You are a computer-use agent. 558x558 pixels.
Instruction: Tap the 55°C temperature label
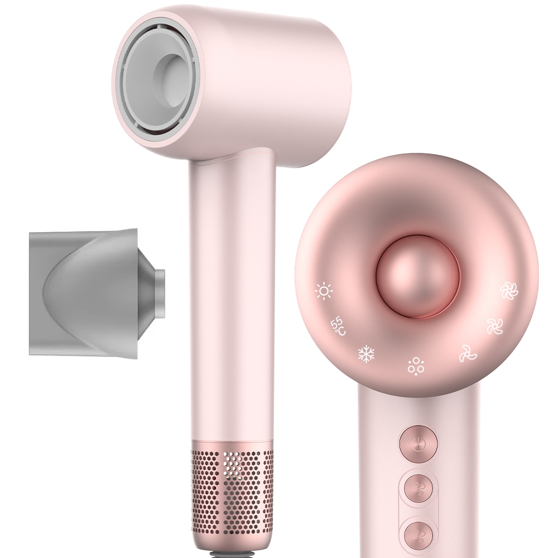pyautogui.click(x=338, y=326)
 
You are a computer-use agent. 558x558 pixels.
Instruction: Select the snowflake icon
pyautogui.click(x=367, y=354)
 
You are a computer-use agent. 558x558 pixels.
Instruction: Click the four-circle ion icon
pyautogui.click(x=416, y=365)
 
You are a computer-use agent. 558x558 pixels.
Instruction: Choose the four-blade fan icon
pyautogui.click(x=495, y=326)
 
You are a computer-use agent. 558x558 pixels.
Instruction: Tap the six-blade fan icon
pyautogui.click(x=509, y=291)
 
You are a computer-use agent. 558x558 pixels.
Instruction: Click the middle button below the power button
pyautogui.click(x=418, y=489)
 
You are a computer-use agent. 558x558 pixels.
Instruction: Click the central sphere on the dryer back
pyautogui.click(x=418, y=276)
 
